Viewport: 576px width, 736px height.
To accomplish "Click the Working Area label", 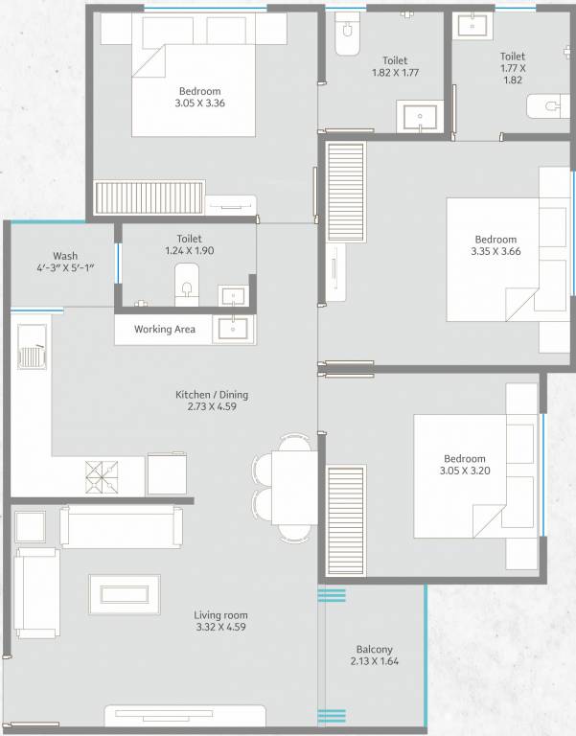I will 164,330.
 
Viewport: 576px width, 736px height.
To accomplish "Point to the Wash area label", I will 65,256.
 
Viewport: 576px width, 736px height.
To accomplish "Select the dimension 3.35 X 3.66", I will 495,252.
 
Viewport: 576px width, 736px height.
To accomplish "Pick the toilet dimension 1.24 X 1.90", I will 189,251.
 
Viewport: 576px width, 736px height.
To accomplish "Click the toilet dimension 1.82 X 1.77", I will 395,72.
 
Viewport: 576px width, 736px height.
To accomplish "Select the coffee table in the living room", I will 125,593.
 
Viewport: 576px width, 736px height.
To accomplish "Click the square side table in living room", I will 31,526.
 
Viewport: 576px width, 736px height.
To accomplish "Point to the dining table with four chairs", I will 288,488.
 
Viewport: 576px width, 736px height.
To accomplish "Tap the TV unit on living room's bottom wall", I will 185,716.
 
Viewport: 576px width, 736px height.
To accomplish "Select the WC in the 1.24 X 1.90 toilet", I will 186,283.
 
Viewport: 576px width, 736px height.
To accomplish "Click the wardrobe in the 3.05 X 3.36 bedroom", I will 150,198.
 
